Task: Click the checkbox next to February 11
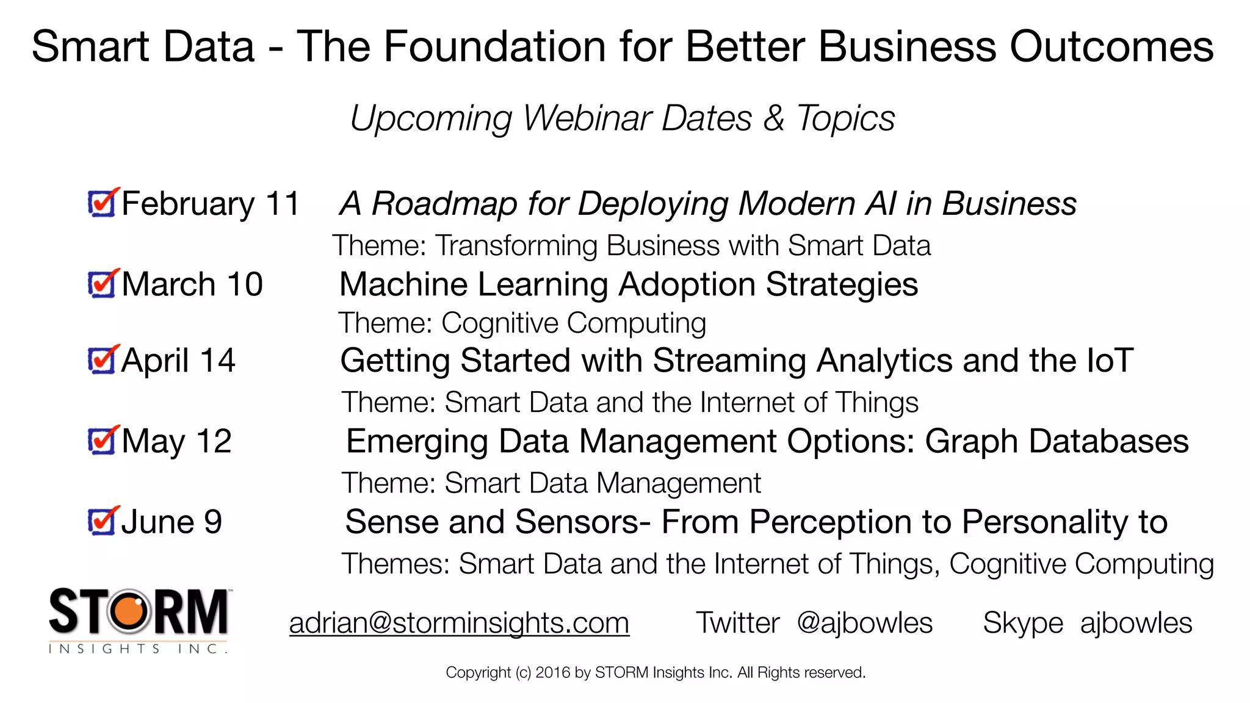click(101, 203)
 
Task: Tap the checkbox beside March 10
click(101, 284)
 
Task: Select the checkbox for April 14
click(101, 361)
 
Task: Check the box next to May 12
click(101, 441)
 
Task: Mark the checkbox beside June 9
click(101, 522)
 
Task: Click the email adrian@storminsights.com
click(459, 623)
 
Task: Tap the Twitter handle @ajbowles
click(864, 623)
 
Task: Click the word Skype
click(1023, 623)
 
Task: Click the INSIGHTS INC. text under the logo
click(138, 649)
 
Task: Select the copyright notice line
click(656, 672)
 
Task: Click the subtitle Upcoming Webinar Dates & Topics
click(622, 118)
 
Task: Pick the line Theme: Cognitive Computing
click(522, 323)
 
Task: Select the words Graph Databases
click(1057, 441)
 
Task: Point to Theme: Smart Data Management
click(551, 483)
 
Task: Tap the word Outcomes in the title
click(1111, 46)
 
